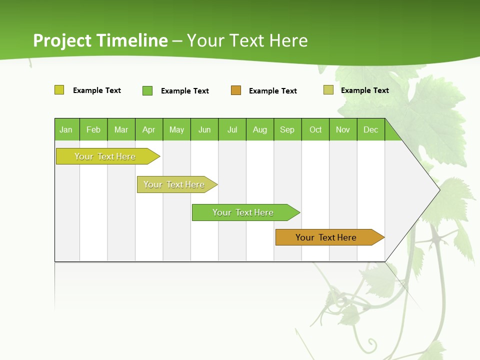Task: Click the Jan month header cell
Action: [x=66, y=129]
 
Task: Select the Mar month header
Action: [x=121, y=129]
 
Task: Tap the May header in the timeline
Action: [x=176, y=129]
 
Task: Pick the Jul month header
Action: [x=232, y=129]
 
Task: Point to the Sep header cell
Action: [x=287, y=129]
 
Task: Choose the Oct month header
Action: [x=315, y=129]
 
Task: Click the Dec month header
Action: [x=370, y=129]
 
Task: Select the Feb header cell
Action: [x=93, y=129]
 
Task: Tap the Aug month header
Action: [x=259, y=129]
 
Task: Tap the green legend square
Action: [x=147, y=90]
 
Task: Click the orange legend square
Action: [x=236, y=90]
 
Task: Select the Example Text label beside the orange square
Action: [x=272, y=91]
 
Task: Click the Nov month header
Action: [x=343, y=129]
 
